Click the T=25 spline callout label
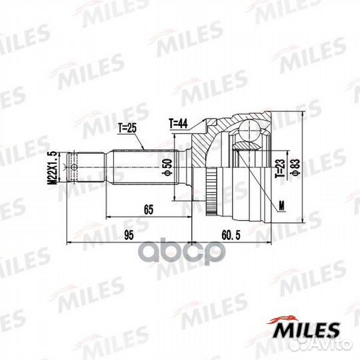127,128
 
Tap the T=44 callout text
179,123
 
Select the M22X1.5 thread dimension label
53,167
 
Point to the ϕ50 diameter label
169,167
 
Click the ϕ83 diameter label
296,167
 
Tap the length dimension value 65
149,209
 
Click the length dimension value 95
129,235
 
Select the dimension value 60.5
231,235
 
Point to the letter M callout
281,206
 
